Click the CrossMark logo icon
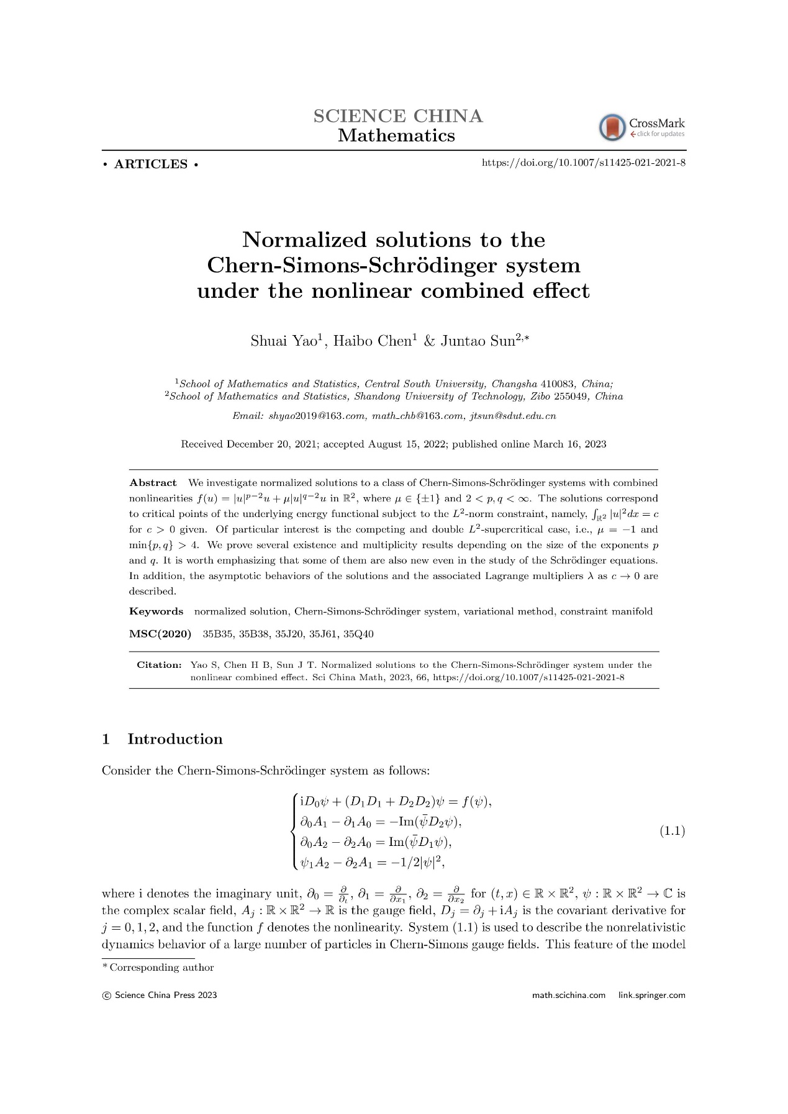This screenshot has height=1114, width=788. coord(612,127)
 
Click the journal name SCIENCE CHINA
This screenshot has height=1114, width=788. coord(397,116)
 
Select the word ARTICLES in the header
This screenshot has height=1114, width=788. coord(151,164)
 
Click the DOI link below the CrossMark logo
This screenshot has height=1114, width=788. coord(583,163)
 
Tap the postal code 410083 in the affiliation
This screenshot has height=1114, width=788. coord(558,384)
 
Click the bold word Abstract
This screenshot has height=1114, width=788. coord(153,483)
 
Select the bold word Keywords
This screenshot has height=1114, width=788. coord(156,611)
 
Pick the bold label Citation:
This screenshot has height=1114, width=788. coord(159,665)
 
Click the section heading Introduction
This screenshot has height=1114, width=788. coord(174,739)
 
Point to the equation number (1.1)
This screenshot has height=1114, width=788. coord(671,831)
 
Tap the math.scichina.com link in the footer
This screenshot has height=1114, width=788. coord(568,995)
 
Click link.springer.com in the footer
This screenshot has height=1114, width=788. coord(651,995)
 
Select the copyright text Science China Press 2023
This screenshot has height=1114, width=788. coord(165,995)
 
